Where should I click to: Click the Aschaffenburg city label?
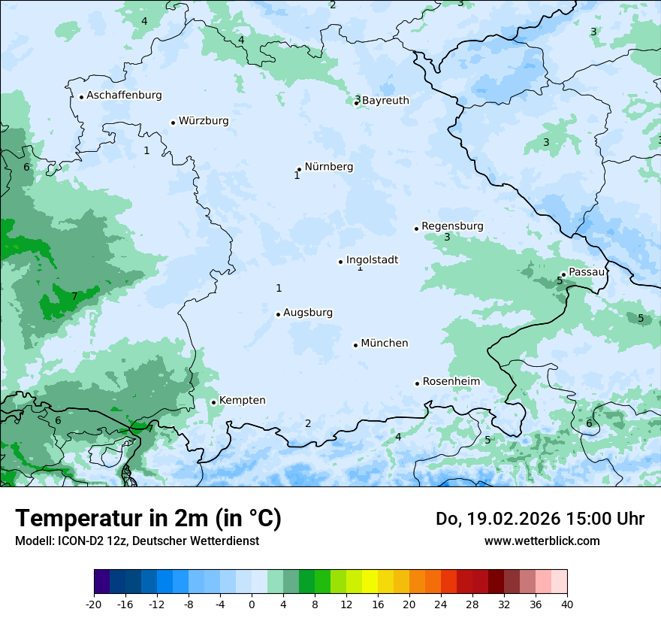(124, 95)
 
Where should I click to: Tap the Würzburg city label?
(204, 121)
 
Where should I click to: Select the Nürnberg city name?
(328, 167)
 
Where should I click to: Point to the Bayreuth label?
(385, 101)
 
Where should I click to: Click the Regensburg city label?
(452, 226)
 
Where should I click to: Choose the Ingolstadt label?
(372, 260)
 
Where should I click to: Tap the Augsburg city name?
(308, 313)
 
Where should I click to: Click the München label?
(385, 344)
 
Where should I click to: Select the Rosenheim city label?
(451, 382)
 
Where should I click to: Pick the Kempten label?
(242, 401)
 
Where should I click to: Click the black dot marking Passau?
(563, 274)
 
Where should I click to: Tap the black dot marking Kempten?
(213, 402)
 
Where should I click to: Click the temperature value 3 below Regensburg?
(447, 238)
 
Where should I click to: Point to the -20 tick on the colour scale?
(94, 604)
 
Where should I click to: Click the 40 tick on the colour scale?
(567, 604)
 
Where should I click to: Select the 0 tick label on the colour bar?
(252, 604)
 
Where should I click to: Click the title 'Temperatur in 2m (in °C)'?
(148, 519)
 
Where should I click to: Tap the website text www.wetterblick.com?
(542, 541)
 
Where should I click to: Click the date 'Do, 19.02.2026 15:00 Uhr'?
(539, 519)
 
